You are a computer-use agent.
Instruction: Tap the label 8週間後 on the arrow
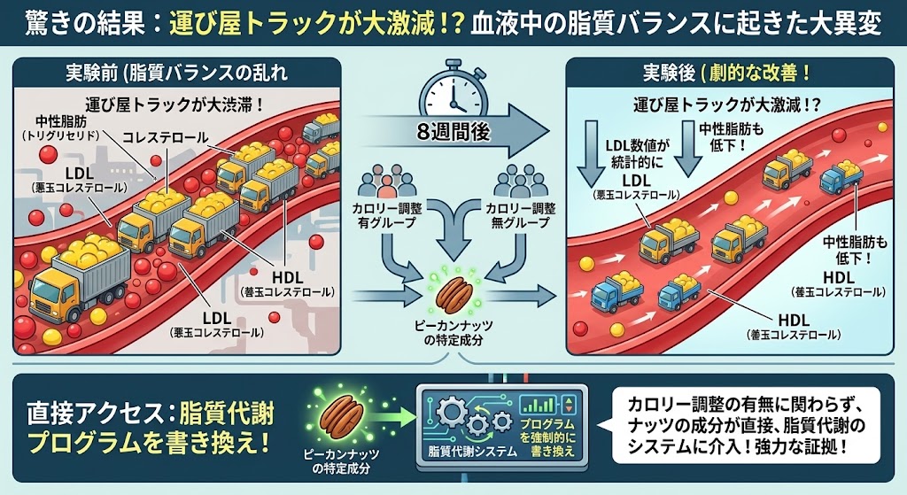coord(453,132)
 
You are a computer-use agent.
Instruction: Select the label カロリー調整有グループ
coord(387,215)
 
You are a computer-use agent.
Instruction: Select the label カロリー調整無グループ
coord(520,215)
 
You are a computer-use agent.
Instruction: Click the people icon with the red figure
coord(387,181)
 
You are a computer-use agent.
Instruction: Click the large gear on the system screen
coord(452,412)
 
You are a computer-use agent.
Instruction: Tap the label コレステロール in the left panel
coord(166,137)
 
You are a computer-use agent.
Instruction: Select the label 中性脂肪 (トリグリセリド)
coord(61,128)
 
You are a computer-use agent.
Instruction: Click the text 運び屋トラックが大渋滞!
coord(175,104)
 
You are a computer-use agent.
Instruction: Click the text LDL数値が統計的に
coord(638,154)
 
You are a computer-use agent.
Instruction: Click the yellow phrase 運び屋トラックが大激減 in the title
coord(306,24)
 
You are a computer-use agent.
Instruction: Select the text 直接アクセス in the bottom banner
coord(97,414)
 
